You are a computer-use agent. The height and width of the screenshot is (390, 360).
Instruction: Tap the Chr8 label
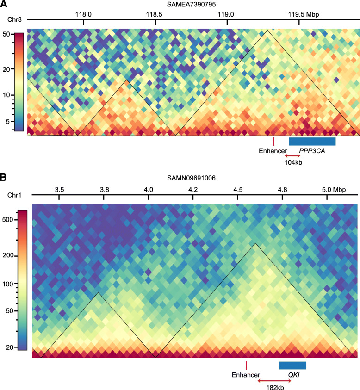[13, 20]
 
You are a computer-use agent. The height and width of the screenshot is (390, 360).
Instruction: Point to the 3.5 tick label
[59, 190]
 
